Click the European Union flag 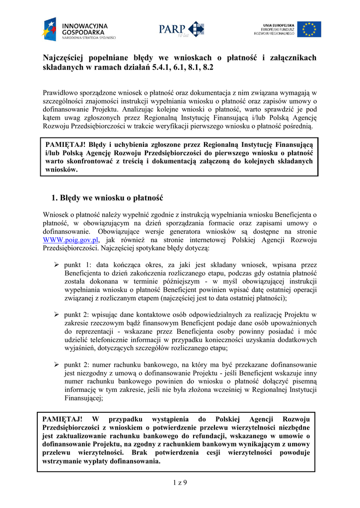coord(309,29)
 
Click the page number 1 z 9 coord(180,482)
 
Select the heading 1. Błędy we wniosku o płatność coord(107,198)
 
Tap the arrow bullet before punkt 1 coord(57,265)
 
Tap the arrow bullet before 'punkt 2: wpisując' coord(57,314)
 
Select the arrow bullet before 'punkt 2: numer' coord(57,365)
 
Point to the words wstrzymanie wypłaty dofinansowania coord(102,461)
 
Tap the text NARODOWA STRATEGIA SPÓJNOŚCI coord(89,38)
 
